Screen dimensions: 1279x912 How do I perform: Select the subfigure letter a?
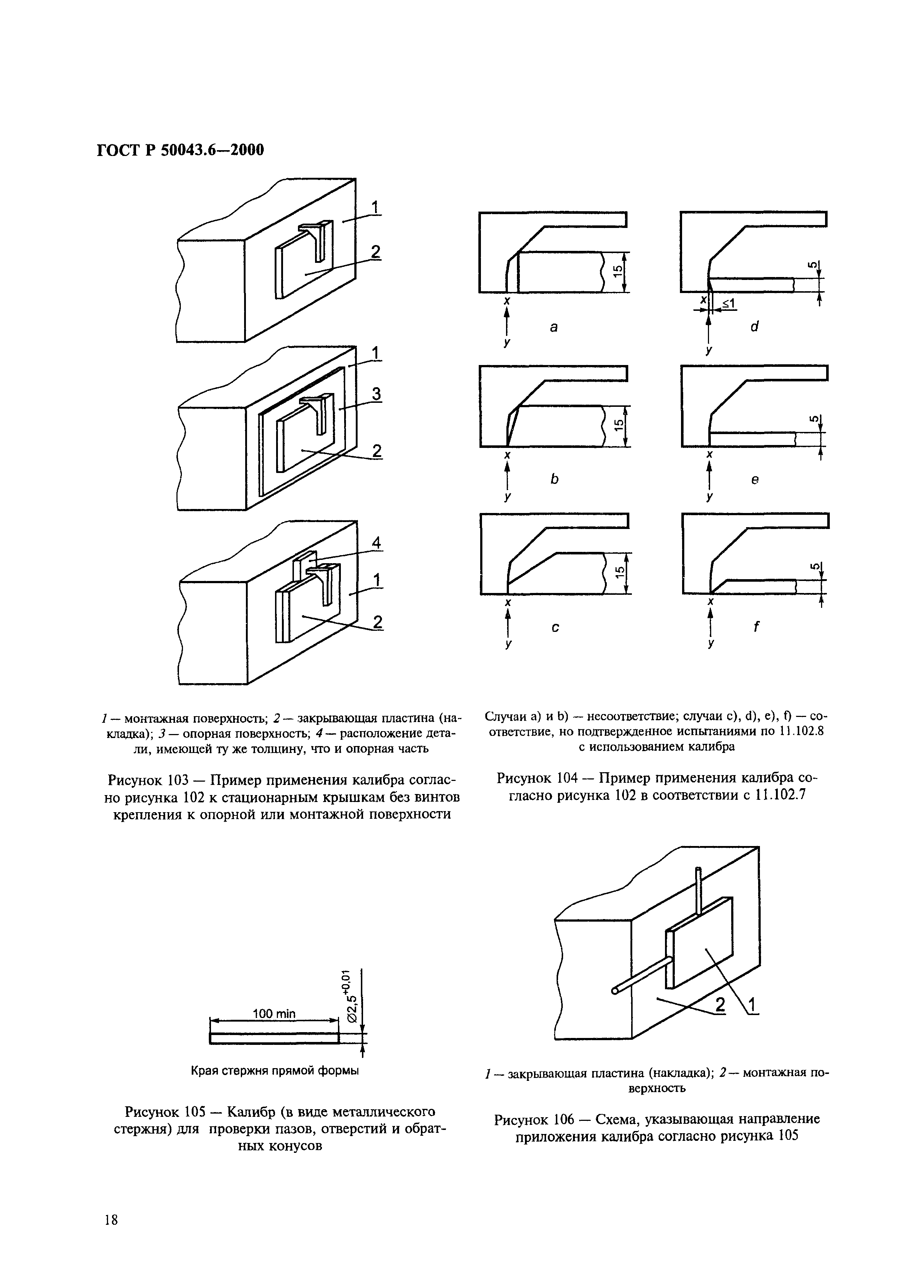point(554,326)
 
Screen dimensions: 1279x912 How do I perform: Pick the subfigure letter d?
point(754,326)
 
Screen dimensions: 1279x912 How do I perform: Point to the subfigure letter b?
point(554,479)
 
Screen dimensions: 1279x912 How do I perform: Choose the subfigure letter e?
point(755,480)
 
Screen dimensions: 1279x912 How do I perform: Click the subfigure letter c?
point(555,628)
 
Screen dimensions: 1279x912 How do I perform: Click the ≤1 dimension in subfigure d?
point(728,303)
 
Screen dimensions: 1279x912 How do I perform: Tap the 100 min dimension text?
point(274,1014)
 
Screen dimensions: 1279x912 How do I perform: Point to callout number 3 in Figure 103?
point(376,394)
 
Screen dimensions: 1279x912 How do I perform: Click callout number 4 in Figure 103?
point(376,543)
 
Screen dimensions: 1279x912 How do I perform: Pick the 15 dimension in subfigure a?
point(617,272)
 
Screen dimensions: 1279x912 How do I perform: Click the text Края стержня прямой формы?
point(275,1071)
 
